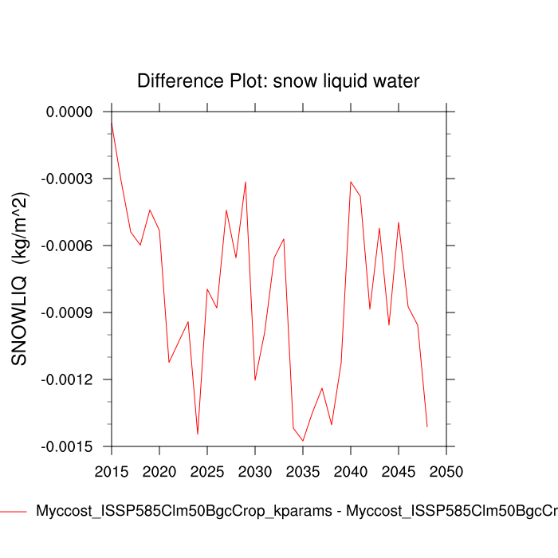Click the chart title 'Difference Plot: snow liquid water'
tap(278, 81)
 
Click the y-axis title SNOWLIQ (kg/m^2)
tap(20, 279)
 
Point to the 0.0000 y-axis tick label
tap(70, 112)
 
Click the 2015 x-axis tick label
tap(112, 470)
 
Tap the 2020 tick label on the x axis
tap(159, 470)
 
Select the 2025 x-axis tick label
tap(207, 470)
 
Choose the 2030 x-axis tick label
tap(255, 470)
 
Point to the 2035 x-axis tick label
tap(303, 470)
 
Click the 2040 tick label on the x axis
tap(351, 470)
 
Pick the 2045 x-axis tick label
tap(399, 470)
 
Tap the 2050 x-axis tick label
tap(446, 470)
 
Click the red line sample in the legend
tap(14, 512)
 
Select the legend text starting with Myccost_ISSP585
tap(295, 512)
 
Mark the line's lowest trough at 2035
tap(303, 441)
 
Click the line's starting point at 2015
tap(112, 122)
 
